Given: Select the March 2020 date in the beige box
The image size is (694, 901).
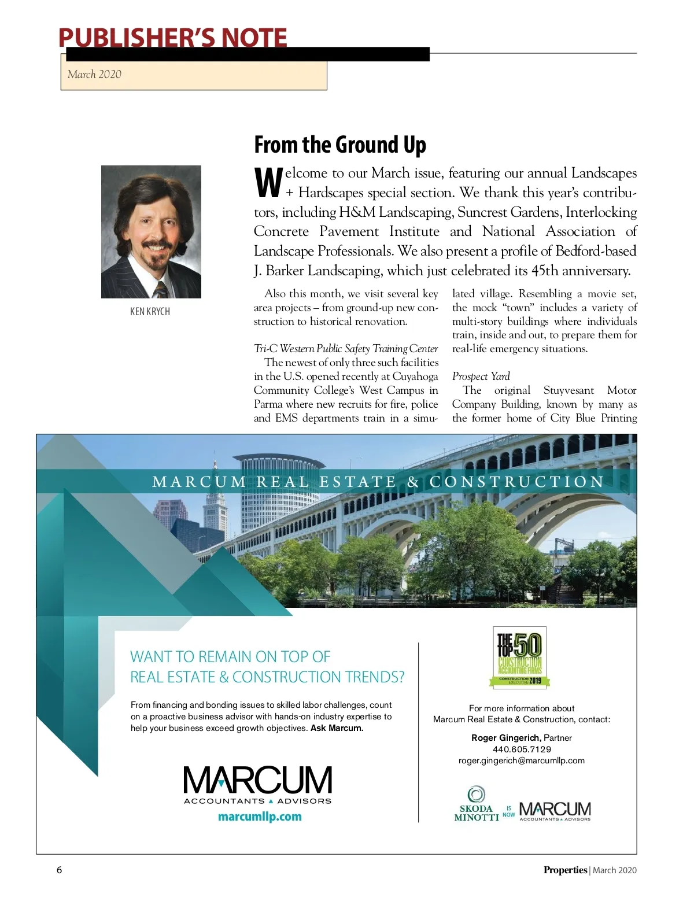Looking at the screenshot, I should coord(94,74).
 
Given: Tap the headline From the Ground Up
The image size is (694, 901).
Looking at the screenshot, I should coord(340,145).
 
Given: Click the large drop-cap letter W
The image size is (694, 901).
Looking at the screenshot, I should coord(268,183).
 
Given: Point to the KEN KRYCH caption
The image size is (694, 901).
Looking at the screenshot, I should coord(150,311).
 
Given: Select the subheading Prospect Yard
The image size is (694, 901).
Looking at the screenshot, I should coord(481,376).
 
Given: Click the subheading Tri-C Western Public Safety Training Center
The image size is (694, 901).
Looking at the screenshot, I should coord(346,349).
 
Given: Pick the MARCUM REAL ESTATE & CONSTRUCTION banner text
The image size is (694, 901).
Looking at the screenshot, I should coord(378,482).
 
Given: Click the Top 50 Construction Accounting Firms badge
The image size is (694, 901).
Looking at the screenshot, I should coord(519,658).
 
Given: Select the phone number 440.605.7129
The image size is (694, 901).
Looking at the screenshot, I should coord(522,749).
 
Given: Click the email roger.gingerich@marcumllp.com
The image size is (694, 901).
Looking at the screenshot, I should coord(522,760).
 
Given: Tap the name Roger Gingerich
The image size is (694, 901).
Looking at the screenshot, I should coord(506,738).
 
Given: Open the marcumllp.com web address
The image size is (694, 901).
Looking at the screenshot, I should coord(260,817).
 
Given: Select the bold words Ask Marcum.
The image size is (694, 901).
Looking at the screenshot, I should coord(337,728).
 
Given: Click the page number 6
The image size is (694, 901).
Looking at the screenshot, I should coord(59,870).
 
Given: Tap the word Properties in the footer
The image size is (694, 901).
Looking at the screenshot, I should coord(565,870).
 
